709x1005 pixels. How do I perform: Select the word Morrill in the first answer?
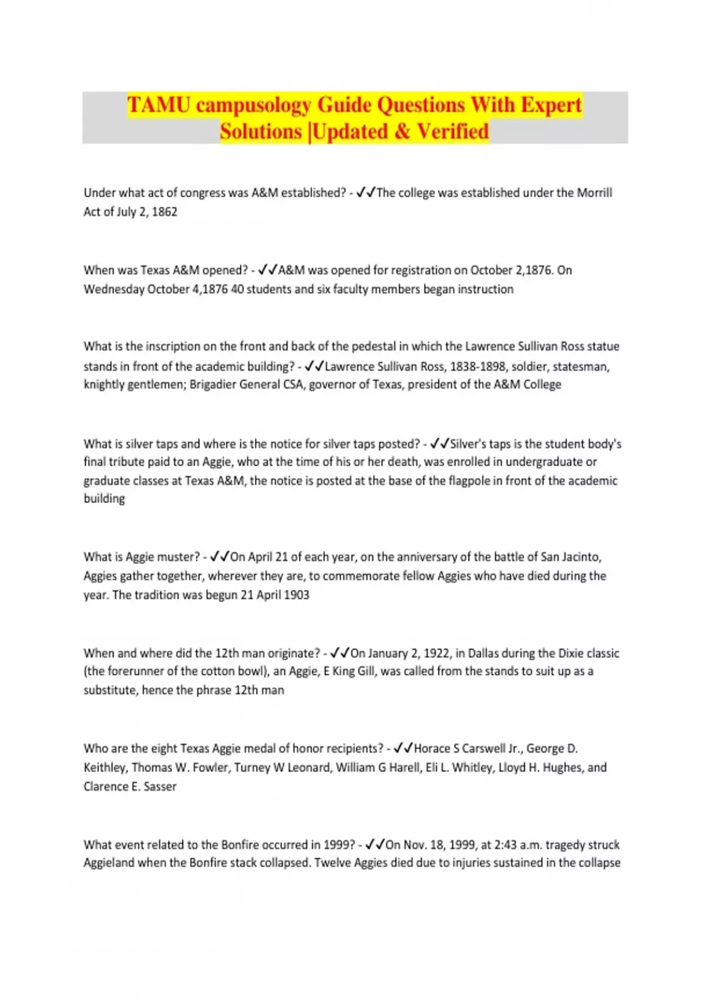click(x=594, y=193)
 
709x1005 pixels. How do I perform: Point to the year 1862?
click(x=164, y=212)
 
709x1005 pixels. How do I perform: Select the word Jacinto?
click(x=581, y=557)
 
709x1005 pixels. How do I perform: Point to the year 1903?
click(x=296, y=595)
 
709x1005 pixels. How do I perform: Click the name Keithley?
click(x=105, y=767)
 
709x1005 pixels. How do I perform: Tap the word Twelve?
click(x=333, y=863)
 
